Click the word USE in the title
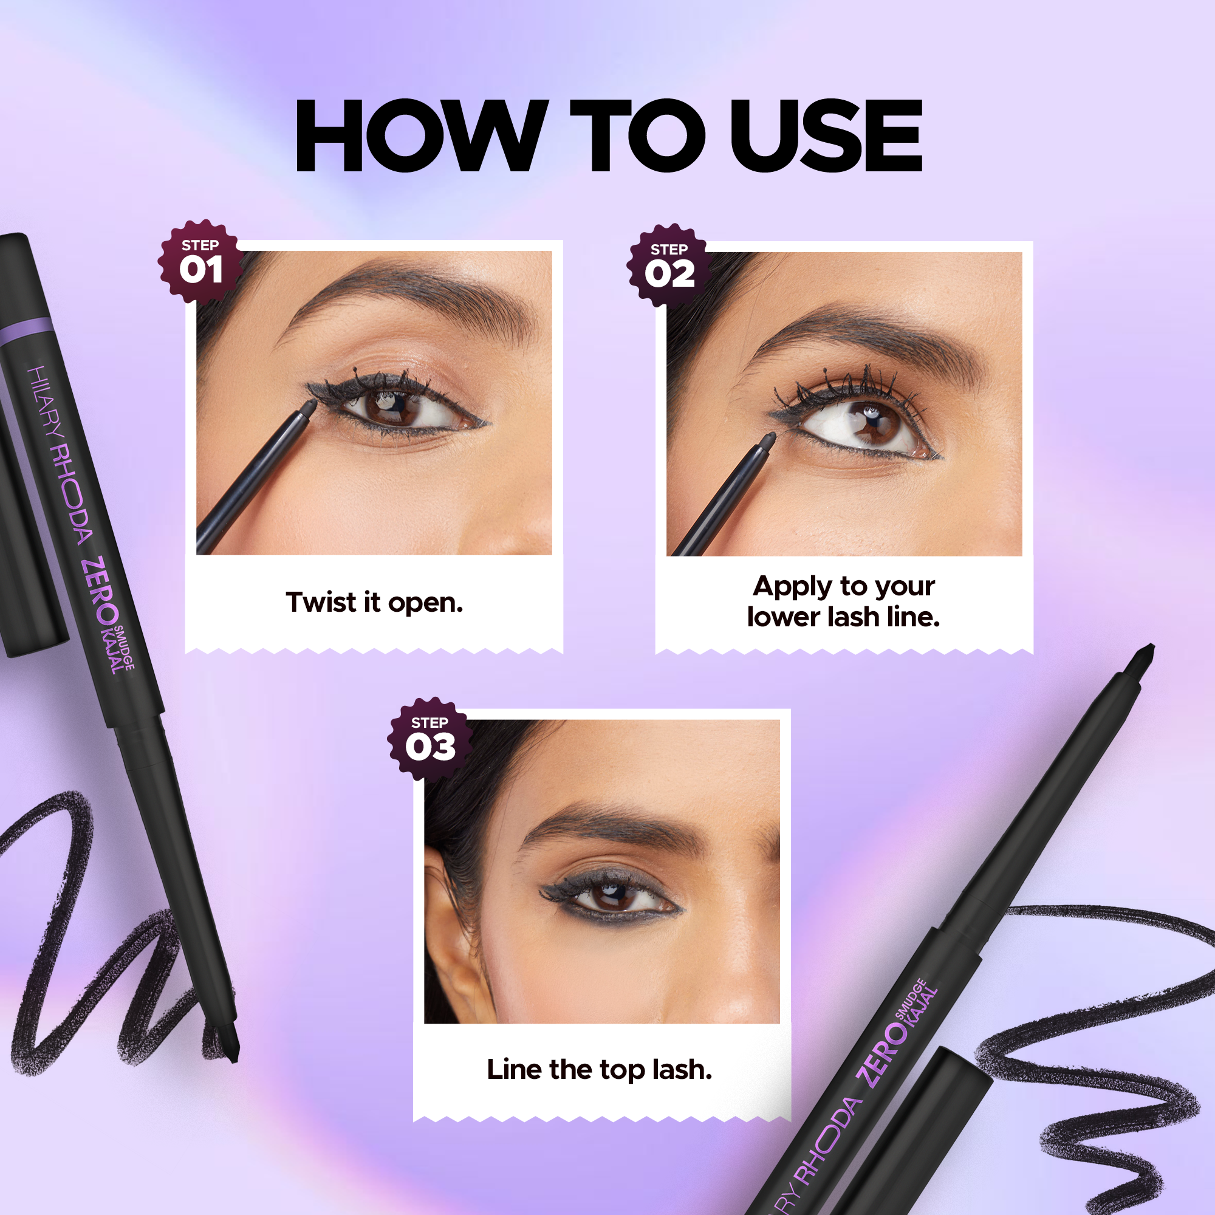(x=826, y=135)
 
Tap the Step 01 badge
(x=200, y=262)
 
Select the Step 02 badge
(x=669, y=266)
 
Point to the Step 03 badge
(x=430, y=739)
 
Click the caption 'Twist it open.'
(x=374, y=603)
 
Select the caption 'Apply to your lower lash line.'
(x=843, y=601)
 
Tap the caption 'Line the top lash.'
(x=600, y=1070)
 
